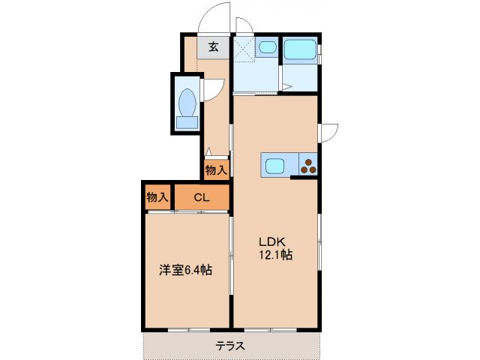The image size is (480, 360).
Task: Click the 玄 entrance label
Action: click(213, 46)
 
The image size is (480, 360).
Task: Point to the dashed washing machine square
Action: click(244, 50)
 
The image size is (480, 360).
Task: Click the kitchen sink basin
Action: click(272, 164)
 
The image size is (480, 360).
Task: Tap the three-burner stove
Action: click(308, 164)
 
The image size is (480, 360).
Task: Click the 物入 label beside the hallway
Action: click(216, 170)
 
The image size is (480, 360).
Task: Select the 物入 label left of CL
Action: click(157, 198)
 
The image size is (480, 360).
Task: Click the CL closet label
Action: click(201, 198)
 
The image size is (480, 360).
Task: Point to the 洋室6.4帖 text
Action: click(184, 270)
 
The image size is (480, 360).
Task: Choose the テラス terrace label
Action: click(231, 346)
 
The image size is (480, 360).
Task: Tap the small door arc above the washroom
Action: click(244, 25)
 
